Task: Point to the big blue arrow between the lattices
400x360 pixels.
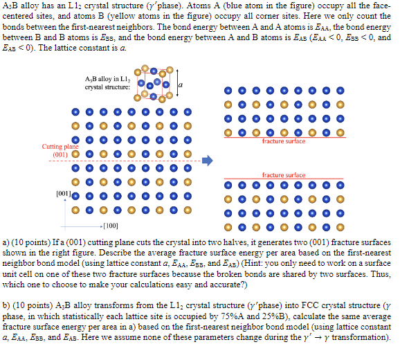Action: click(x=206, y=161)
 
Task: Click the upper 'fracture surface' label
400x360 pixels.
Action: click(x=284, y=141)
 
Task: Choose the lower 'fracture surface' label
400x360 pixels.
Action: click(x=284, y=175)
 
